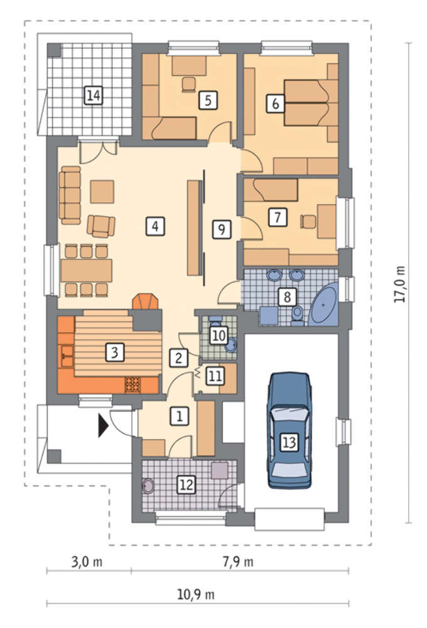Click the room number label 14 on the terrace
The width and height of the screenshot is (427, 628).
click(x=94, y=95)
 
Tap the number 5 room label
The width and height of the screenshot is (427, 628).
click(x=208, y=100)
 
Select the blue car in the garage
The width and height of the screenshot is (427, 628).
click(x=289, y=431)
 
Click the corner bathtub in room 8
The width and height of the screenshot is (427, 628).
click(x=324, y=303)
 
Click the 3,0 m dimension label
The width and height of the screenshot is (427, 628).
click(x=87, y=562)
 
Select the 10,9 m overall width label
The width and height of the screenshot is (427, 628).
click(x=196, y=594)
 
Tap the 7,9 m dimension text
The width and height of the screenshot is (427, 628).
click(x=238, y=562)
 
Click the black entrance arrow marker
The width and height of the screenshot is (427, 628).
click(x=104, y=425)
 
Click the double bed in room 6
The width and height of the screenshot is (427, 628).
click(x=306, y=104)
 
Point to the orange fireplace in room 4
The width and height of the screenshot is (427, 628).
click(x=146, y=301)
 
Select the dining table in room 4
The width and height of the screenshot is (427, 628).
click(x=87, y=270)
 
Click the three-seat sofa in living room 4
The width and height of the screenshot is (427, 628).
click(x=70, y=195)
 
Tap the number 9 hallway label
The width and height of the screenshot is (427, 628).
click(x=222, y=229)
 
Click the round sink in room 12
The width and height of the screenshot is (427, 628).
click(x=148, y=486)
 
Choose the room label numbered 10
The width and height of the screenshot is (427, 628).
click(x=219, y=335)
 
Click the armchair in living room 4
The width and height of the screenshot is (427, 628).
click(x=101, y=226)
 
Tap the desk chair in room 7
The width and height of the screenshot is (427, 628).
click(x=308, y=222)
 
